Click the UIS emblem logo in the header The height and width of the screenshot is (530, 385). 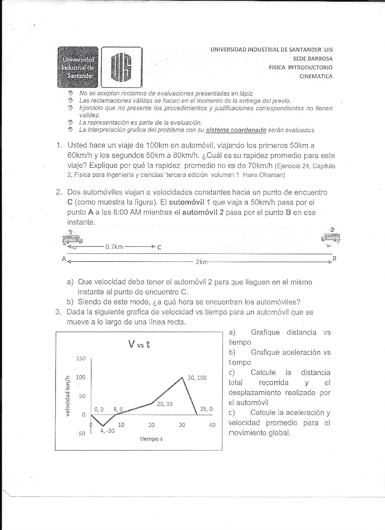[x=122, y=67]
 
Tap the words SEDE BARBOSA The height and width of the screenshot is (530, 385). [x=313, y=58]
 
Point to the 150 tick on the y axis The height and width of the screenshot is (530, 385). [x=80, y=358]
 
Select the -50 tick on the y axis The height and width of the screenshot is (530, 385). [x=80, y=434]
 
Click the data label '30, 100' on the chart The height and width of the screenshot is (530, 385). [x=197, y=378]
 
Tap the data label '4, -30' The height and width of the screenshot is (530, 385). [x=108, y=431]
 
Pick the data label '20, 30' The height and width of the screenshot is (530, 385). [x=165, y=404]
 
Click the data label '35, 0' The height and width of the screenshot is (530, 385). [x=206, y=409]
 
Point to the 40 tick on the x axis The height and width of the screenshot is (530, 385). [x=212, y=425]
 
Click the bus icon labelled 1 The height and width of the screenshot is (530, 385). [x=72, y=239]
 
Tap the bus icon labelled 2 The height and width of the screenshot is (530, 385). [x=331, y=238]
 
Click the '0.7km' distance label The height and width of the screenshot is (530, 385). [x=114, y=247]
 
